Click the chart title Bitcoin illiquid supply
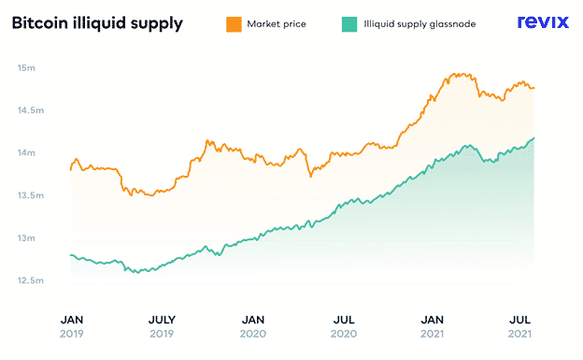pos(97,23)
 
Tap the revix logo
pos(543,22)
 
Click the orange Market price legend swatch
pos(234,24)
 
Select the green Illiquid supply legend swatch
pos(349,24)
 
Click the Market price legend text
pos(277,24)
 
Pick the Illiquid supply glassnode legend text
pos(419,24)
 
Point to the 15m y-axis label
pos(26,67)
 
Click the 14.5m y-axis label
pos(31,110)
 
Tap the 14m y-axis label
pos(26,152)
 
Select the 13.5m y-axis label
pos(31,195)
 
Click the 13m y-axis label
pos(26,238)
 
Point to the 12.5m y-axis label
pos(31,281)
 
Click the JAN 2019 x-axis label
pos(72,326)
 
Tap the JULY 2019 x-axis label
pos(162,326)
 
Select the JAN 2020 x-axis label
pos(253,326)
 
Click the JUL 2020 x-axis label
pos(344,326)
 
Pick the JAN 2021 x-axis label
pos(432,326)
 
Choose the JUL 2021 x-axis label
pos(519,326)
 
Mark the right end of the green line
pos(533,138)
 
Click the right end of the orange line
pos(533,88)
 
